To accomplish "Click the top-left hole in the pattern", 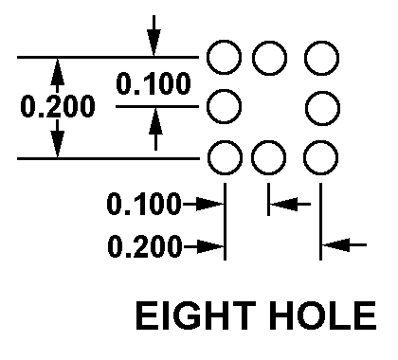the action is (208, 58).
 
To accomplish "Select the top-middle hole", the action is (253, 58).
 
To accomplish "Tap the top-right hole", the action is (305, 58).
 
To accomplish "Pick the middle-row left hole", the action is (208, 106).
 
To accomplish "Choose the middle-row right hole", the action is (306, 108).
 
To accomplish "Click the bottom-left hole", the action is (208, 157).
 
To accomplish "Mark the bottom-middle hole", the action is (252, 157).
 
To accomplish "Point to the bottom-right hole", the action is (304, 157).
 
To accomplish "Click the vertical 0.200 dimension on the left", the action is (58, 106).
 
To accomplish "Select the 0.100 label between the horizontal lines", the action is (154, 83).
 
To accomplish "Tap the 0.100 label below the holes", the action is (144, 204).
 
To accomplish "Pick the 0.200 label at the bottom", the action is (145, 246).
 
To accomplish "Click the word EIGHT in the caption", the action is (196, 315).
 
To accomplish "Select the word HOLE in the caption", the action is (323, 315).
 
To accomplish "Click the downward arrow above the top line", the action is (154, 35).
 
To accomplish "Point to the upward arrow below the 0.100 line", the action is (155, 129).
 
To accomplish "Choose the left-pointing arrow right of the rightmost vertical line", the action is (344, 244).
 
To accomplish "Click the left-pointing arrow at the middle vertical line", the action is (290, 204).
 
